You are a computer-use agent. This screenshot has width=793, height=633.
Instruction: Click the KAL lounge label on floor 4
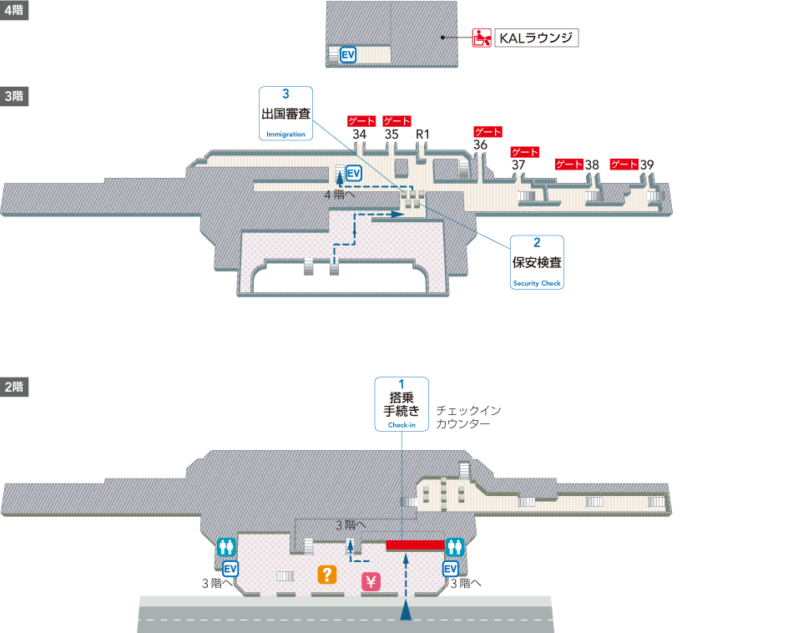[535, 38]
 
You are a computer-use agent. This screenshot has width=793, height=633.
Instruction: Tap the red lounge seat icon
[481, 38]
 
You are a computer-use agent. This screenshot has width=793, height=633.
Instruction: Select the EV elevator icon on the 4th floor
[348, 55]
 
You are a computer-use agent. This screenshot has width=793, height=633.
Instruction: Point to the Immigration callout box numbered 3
[285, 114]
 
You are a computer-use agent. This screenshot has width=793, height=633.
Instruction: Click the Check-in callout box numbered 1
[402, 405]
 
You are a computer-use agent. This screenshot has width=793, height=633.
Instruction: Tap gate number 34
[360, 134]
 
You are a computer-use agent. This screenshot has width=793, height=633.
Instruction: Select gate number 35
[391, 134]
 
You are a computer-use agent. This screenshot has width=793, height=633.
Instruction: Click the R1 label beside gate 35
[422, 134]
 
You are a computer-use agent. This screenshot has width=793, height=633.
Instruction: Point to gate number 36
[480, 144]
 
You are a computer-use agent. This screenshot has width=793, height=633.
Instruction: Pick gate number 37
[518, 165]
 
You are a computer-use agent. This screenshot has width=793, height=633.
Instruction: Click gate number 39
[647, 165]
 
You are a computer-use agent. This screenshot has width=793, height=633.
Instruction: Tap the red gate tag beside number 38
[569, 165]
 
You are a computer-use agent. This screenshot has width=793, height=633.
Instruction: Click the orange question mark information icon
[327, 575]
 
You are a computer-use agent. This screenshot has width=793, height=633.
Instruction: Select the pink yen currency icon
[371, 582]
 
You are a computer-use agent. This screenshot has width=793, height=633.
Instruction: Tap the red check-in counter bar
[415, 545]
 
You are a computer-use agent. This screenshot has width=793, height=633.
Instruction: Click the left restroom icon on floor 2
[226, 547]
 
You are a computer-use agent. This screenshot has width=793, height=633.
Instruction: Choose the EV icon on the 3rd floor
[354, 173]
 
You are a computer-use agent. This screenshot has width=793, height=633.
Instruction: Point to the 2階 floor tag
[14, 387]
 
